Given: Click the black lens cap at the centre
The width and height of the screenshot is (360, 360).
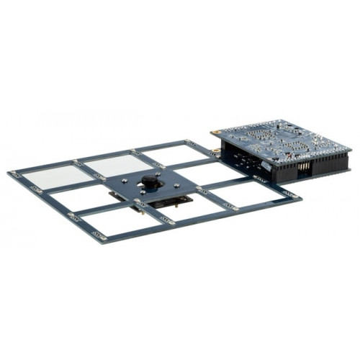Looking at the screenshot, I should [x=150, y=181].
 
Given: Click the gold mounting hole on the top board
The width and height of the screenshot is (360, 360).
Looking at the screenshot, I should [x=213, y=132].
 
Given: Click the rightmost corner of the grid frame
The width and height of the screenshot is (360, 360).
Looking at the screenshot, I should [x=298, y=196].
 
